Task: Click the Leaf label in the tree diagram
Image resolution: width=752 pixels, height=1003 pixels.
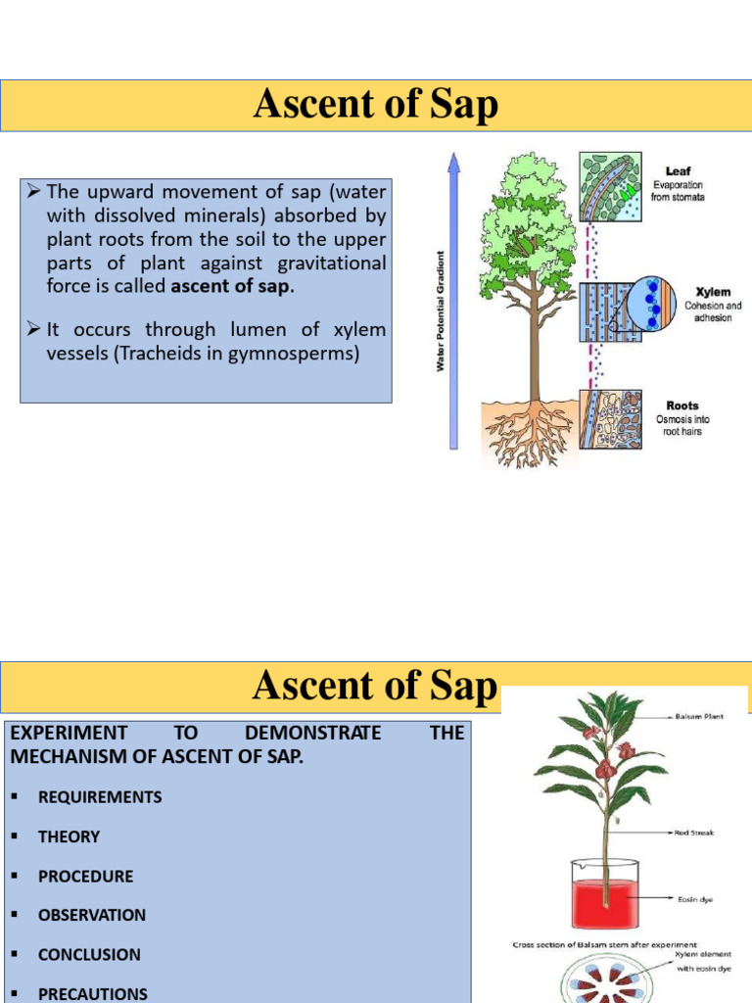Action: [x=678, y=171]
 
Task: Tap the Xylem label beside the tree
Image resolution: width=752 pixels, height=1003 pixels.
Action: [x=713, y=292]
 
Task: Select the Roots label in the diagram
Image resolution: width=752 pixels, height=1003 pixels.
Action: [x=682, y=406]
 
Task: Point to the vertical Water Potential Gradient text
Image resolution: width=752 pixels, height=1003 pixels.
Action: [x=441, y=310]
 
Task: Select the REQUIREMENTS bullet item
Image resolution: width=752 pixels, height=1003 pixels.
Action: [x=100, y=797]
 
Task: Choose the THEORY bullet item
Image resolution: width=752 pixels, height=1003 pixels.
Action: [x=69, y=836]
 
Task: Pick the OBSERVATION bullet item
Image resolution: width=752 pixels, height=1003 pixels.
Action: [x=92, y=915]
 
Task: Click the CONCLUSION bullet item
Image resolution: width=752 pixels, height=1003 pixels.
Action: [x=89, y=954]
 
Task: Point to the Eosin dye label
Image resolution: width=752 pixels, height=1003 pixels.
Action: [x=695, y=897]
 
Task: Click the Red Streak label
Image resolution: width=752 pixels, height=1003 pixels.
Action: [x=693, y=833]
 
